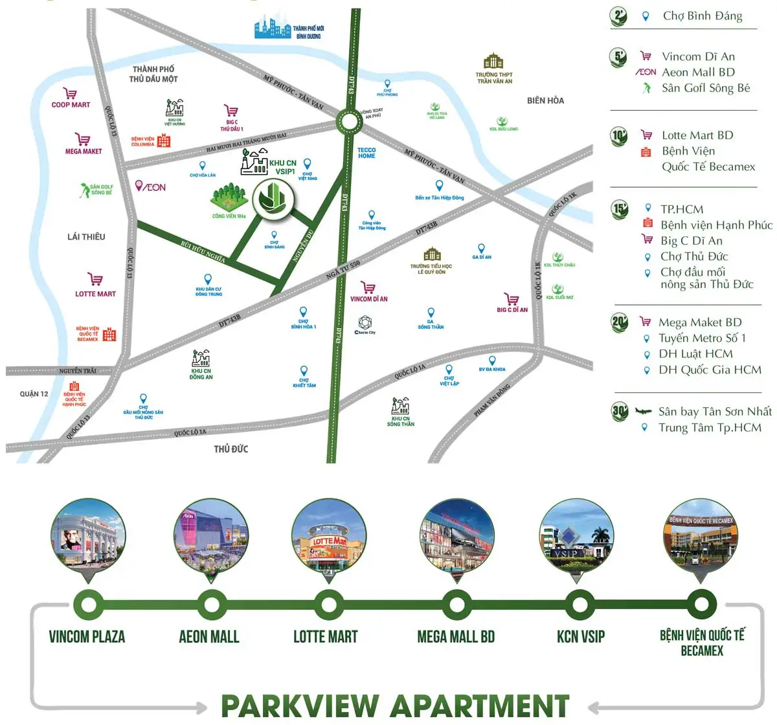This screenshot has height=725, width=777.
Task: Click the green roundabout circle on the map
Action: tap(349, 121)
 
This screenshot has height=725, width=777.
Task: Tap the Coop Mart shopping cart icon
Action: tap(70, 94)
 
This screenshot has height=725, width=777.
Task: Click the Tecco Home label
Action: tap(366, 153)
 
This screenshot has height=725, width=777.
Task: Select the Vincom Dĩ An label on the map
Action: tap(369, 299)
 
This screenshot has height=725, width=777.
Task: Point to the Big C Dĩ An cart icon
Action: tap(512, 299)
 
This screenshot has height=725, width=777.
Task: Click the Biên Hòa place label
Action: tap(545, 100)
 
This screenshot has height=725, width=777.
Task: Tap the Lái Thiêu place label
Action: tap(86, 237)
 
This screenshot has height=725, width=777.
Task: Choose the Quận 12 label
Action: tap(34, 394)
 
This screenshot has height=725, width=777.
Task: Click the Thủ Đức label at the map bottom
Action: tap(231, 449)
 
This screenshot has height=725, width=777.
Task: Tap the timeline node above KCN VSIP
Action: tap(580, 605)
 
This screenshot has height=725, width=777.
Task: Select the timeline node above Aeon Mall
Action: tap(211, 605)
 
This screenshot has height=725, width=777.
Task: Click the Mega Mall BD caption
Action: tap(456, 637)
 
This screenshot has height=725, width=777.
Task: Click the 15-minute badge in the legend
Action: tap(620, 209)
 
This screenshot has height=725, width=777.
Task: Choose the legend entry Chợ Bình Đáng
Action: tap(702, 16)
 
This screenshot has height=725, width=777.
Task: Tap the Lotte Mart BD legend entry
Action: tap(697, 135)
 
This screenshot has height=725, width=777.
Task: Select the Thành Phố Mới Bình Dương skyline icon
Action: tap(273, 28)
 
